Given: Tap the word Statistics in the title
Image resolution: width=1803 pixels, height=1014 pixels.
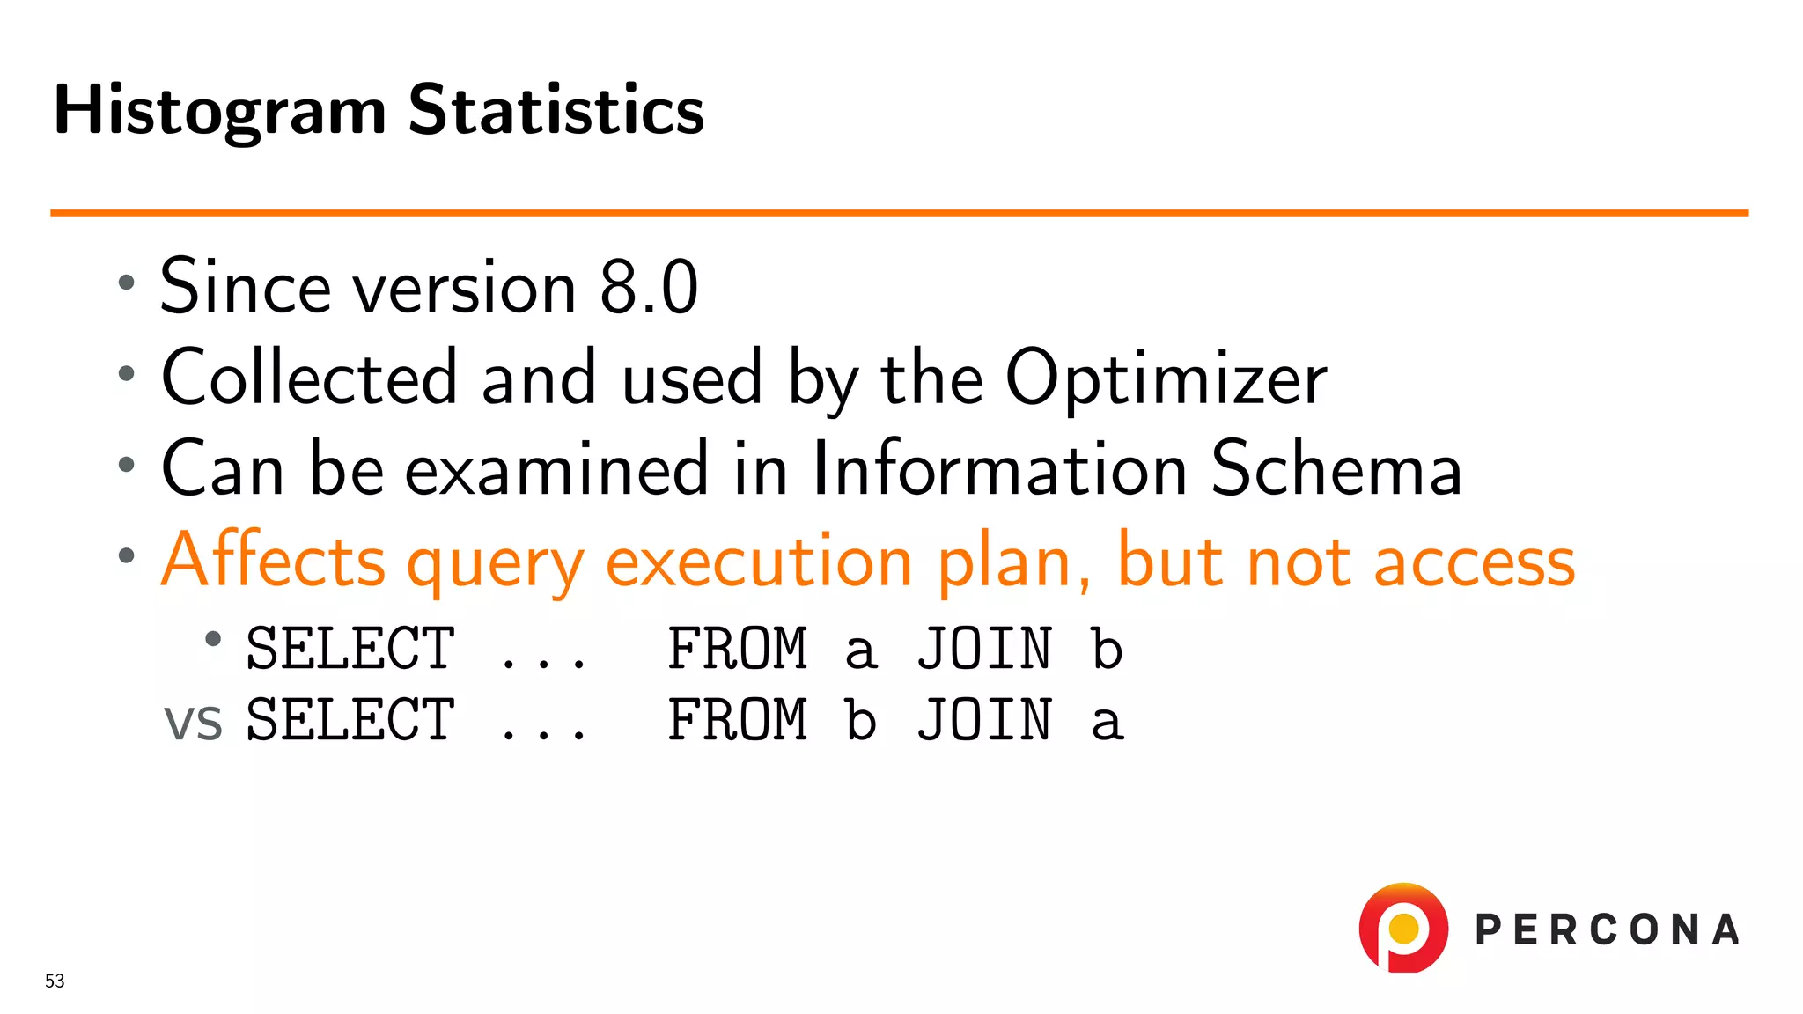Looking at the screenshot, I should [556, 110].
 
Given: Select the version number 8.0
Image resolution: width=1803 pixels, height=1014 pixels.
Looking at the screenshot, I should [649, 287].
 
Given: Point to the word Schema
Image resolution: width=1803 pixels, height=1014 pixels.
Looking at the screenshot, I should [1336, 469].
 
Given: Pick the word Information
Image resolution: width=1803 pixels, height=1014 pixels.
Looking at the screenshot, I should [999, 469].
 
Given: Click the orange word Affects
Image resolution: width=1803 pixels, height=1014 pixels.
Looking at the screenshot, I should [274, 561].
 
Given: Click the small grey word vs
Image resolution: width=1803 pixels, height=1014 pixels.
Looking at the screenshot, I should [193, 723].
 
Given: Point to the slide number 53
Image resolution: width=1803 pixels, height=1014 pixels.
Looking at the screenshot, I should [55, 981].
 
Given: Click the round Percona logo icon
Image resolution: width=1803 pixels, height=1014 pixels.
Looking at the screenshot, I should [1403, 929].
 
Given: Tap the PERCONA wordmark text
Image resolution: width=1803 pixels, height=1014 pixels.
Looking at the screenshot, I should [1607, 930].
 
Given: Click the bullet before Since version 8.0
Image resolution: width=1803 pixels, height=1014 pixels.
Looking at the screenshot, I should [127, 283].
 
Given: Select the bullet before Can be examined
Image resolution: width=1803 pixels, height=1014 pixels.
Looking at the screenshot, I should [127, 464].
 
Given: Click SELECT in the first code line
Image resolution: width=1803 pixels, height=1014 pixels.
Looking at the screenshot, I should [350, 650].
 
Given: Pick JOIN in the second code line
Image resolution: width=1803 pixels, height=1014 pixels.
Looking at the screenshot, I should [984, 721].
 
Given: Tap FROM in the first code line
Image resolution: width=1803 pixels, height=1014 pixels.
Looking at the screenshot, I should [738, 650].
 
